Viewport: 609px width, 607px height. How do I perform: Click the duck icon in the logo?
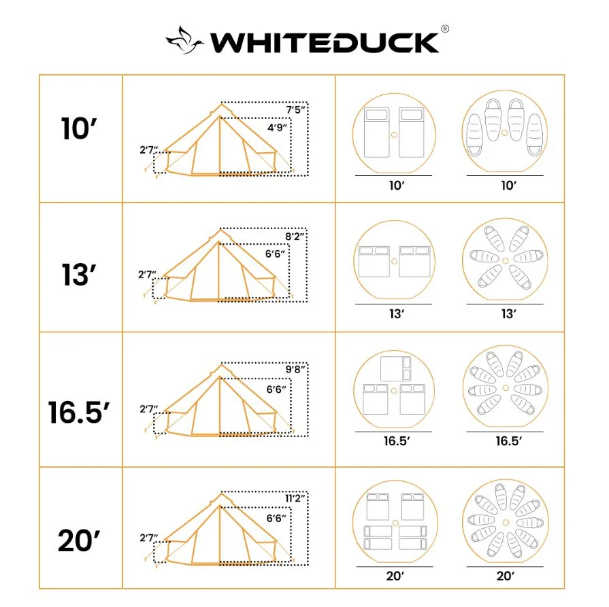pyautogui.click(x=185, y=40)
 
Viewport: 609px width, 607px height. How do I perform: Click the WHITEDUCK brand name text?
pyautogui.click(x=325, y=42)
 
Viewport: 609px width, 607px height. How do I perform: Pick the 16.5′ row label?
pyautogui.click(x=80, y=412)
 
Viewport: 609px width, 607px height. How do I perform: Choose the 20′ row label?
pyautogui.click(x=80, y=541)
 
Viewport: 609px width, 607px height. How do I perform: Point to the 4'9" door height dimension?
pyautogui.click(x=276, y=127)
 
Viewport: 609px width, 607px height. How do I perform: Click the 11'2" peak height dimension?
pyautogui.click(x=295, y=498)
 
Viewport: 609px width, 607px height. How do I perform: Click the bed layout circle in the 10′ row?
pyautogui.click(x=393, y=133)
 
